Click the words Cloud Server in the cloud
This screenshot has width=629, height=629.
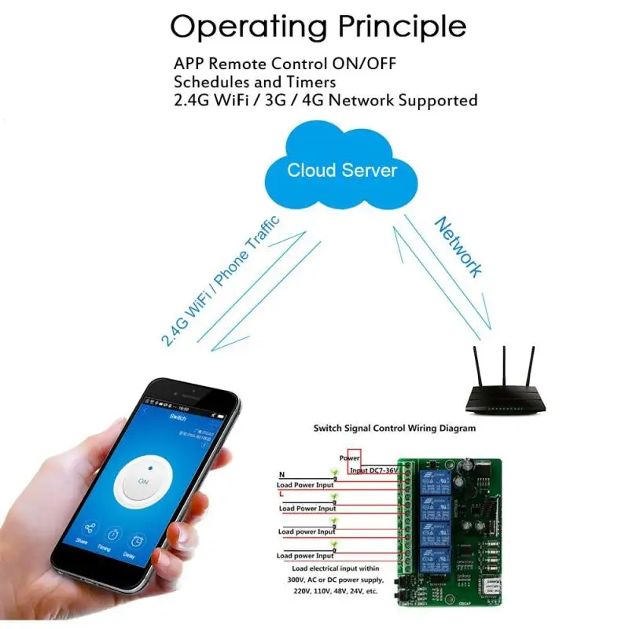[x=341, y=170]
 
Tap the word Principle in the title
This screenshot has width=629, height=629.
[x=402, y=27]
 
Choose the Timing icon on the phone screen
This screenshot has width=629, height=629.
[x=112, y=536]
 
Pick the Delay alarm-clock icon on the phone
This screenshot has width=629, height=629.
[x=137, y=542]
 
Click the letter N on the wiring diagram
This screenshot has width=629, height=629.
[x=281, y=474]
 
